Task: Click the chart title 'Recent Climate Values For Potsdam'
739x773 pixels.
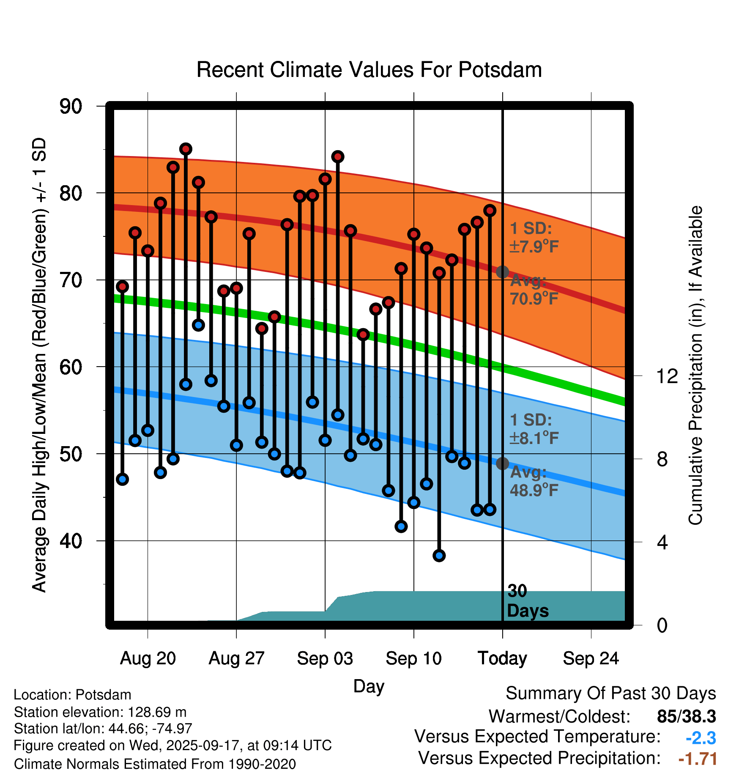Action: point(369,70)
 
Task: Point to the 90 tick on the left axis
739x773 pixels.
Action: point(71,106)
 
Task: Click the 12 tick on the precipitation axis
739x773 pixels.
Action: point(667,376)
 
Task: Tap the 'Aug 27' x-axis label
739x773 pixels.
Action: point(236,658)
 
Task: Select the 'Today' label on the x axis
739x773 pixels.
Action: point(502,658)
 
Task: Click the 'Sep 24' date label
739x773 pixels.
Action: point(591,658)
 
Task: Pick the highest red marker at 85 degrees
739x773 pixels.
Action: point(186,149)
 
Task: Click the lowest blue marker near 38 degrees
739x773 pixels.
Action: point(439,556)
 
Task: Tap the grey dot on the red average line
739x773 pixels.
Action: point(502,272)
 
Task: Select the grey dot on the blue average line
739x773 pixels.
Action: point(502,463)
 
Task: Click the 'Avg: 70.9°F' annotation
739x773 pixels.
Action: point(534,290)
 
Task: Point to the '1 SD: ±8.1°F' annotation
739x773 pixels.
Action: point(534,429)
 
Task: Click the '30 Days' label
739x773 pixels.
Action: point(527,601)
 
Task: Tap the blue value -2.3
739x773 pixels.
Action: point(701,738)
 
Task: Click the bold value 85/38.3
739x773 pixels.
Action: point(686,716)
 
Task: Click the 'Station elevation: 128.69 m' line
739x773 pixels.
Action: point(100,712)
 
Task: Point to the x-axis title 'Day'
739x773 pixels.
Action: point(369,686)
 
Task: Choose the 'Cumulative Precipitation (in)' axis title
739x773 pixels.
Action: point(695,365)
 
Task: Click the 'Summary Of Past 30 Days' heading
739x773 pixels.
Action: point(610,694)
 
